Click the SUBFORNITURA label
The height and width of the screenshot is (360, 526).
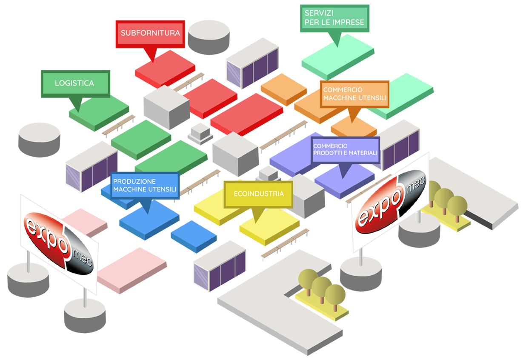pyautogui.click(x=150, y=33)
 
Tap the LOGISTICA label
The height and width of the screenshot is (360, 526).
pyautogui.click(x=74, y=83)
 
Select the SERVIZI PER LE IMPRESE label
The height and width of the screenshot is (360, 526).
pyautogui.click(x=334, y=18)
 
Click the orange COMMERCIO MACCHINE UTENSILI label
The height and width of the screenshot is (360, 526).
pyautogui.click(x=354, y=94)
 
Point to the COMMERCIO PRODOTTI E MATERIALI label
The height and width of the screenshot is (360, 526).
pyautogui.click(x=345, y=149)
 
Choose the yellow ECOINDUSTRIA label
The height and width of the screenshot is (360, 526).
pyautogui.click(x=259, y=194)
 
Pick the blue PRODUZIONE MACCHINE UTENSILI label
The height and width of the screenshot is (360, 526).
pyautogui.click(x=145, y=186)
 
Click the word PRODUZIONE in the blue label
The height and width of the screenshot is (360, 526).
pyautogui.click(x=134, y=182)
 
